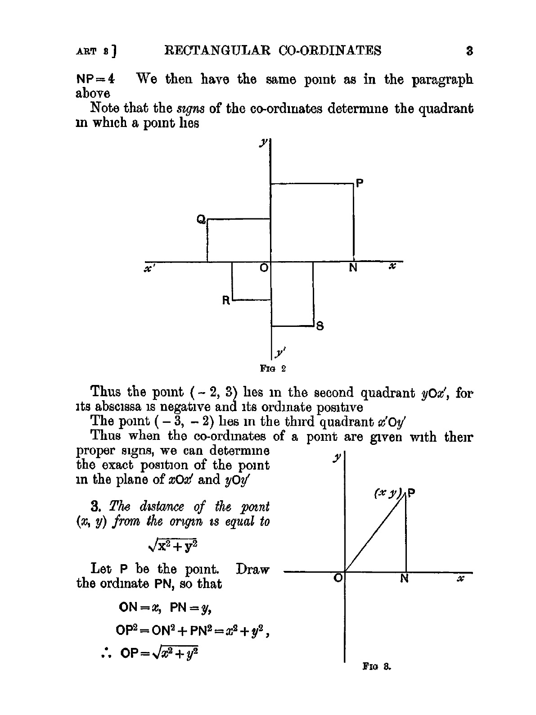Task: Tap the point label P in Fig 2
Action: click(x=359, y=183)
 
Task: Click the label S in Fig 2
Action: click(x=320, y=326)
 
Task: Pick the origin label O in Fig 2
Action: click(x=264, y=268)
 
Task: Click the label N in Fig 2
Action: click(x=353, y=268)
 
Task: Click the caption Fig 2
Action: click(x=273, y=369)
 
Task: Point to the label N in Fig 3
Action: click(x=405, y=579)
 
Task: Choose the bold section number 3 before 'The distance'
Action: click(x=95, y=507)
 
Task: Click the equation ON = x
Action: click(x=140, y=607)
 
